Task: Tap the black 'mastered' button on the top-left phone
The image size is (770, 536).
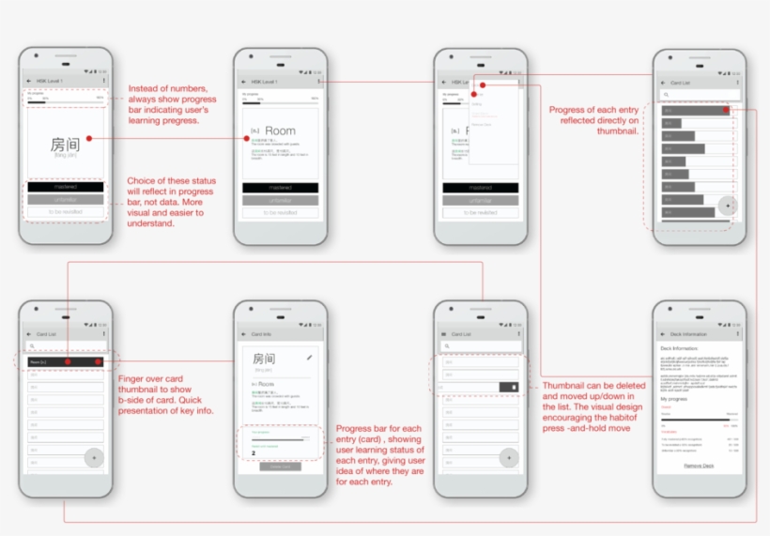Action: (65, 187)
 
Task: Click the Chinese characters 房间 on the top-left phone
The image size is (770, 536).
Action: (65, 145)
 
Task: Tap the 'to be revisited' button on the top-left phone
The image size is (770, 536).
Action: (65, 212)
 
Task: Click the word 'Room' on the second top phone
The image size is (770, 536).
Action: (280, 131)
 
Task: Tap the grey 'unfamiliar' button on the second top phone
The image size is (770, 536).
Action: (280, 200)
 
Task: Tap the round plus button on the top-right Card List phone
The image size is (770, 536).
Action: (728, 205)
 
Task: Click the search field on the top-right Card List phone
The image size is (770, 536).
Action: (700, 95)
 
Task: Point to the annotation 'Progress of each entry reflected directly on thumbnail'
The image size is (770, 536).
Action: (593, 120)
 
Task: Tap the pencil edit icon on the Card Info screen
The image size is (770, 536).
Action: (310, 358)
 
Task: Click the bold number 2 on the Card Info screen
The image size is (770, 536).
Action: (254, 452)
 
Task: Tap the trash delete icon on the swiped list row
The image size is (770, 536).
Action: (514, 387)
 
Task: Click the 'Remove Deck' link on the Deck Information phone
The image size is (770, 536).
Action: (699, 466)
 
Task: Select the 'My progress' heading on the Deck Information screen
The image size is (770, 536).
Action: (673, 398)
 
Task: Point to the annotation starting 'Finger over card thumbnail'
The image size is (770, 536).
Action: (165, 393)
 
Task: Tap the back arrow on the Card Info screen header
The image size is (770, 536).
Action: (244, 333)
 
